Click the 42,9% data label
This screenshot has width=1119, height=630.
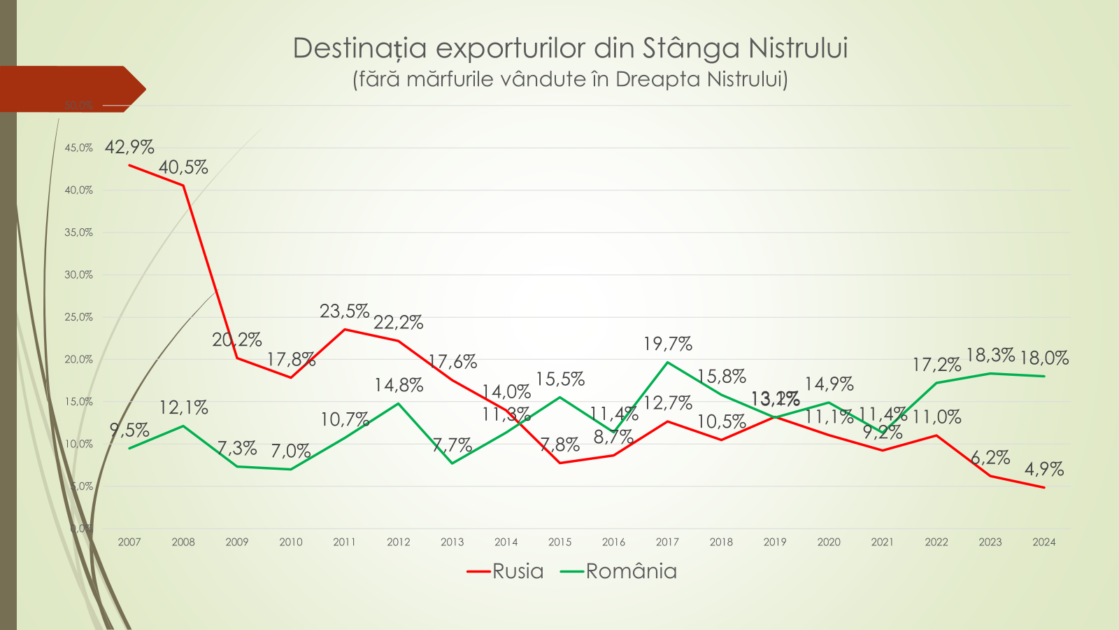click(x=129, y=147)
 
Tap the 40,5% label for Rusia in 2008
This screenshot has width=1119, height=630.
click(x=183, y=167)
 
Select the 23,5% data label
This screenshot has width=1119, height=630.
click(x=344, y=311)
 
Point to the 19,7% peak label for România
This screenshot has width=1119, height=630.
click(x=668, y=344)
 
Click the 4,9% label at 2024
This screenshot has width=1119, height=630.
click(x=1044, y=469)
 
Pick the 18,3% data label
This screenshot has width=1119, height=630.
click(x=990, y=355)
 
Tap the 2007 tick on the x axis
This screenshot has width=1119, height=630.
click(x=129, y=542)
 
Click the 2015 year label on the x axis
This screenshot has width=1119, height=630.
click(x=559, y=542)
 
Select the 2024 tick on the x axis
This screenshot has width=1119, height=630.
click(x=1044, y=542)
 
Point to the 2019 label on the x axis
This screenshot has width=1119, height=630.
click(x=775, y=542)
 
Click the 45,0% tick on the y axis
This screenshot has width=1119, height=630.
click(x=78, y=148)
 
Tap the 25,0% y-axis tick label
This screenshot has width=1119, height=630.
click(x=78, y=317)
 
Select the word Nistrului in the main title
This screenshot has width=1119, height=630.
click(x=798, y=48)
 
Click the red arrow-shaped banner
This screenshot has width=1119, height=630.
click(x=70, y=89)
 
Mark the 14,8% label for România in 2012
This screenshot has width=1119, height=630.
click(x=399, y=385)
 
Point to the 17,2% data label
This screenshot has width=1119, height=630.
click(x=936, y=365)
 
